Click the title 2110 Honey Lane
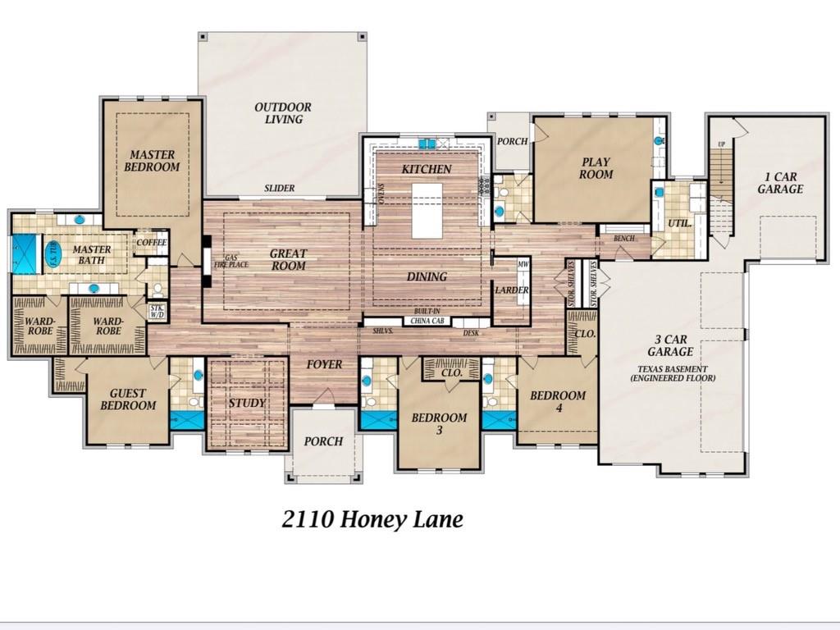(372, 519)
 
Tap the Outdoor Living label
(282, 113)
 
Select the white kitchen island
(427, 210)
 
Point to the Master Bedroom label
(152, 161)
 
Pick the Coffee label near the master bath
(152, 242)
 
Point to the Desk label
(471, 332)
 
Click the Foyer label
(324, 364)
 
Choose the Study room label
(246, 403)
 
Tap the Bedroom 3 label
(439, 424)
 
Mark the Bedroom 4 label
(558, 401)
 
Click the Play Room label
(596, 168)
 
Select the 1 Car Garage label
(779, 182)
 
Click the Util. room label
(680, 223)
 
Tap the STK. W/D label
(157, 311)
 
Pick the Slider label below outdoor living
(279, 189)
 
